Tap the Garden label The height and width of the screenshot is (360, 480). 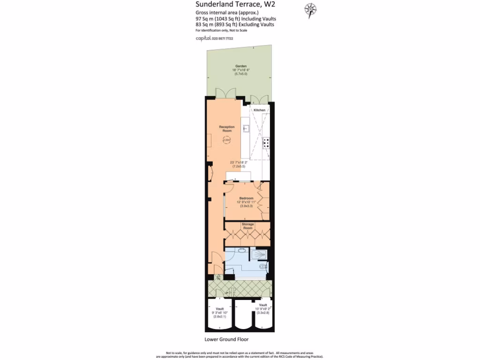point(241,67)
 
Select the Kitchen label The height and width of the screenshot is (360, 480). point(259,110)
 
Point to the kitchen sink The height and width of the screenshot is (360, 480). point(245,127)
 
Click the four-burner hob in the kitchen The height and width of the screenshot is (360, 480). point(266,143)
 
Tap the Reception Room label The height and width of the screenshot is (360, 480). point(227,129)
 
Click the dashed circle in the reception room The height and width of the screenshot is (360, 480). point(226,140)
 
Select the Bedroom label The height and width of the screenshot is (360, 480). point(247,198)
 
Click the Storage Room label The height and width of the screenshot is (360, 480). point(247,226)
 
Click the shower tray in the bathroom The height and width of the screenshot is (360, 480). point(259,255)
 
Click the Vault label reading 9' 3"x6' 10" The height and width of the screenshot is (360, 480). point(220,309)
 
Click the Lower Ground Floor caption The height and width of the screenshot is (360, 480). point(226,339)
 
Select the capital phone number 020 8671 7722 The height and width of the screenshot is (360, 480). point(214,38)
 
